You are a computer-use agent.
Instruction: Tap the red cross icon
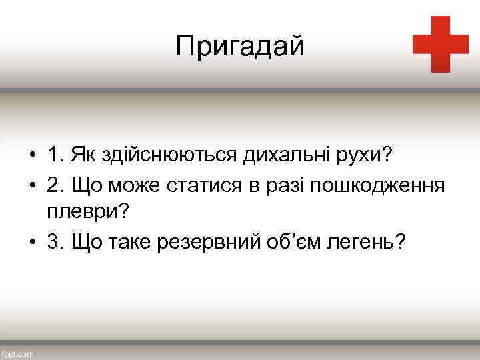pos(441,44)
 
